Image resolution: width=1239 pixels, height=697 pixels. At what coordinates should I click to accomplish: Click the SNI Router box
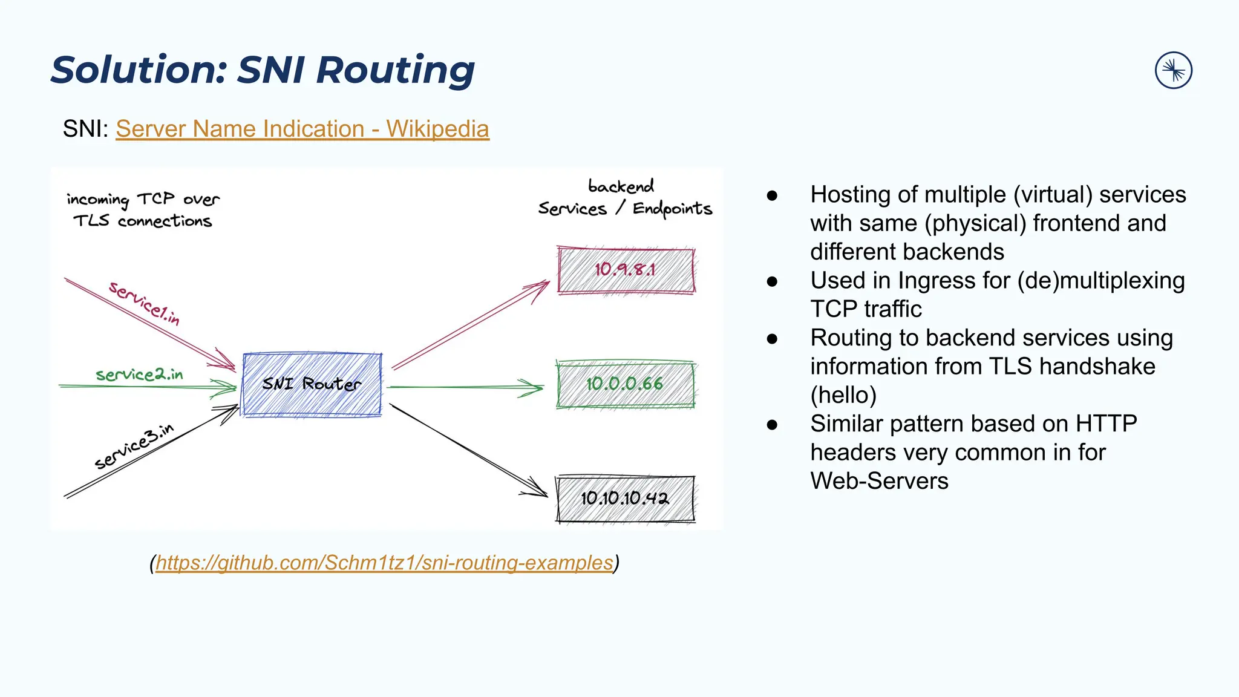(x=312, y=384)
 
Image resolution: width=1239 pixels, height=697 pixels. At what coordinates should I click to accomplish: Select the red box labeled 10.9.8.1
(x=626, y=270)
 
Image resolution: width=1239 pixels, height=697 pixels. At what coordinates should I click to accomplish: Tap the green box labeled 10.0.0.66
(x=626, y=384)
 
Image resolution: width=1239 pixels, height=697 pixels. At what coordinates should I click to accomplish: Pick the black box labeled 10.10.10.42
(x=626, y=499)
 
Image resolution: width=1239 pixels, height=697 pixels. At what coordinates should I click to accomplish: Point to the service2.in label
(x=139, y=375)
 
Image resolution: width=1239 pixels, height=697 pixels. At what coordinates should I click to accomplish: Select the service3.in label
(x=134, y=447)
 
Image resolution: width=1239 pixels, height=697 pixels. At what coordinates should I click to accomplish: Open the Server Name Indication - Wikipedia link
(x=302, y=129)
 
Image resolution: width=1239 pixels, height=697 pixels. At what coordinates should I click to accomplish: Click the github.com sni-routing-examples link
(x=385, y=563)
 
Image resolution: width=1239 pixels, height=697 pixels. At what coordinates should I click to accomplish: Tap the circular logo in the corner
(x=1173, y=70)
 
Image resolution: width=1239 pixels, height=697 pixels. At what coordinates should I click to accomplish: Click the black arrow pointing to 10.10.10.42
(x=469, y=451)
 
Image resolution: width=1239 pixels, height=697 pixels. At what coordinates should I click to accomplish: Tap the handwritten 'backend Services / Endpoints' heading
(x=624, y=197)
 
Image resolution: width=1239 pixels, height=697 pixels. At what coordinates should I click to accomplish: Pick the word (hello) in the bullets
(x=843, y=395)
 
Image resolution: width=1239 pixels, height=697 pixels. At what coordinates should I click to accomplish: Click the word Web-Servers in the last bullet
(x=879, y=481)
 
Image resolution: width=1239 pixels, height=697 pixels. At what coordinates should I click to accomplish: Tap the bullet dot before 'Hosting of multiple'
(x=772, y=195)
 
